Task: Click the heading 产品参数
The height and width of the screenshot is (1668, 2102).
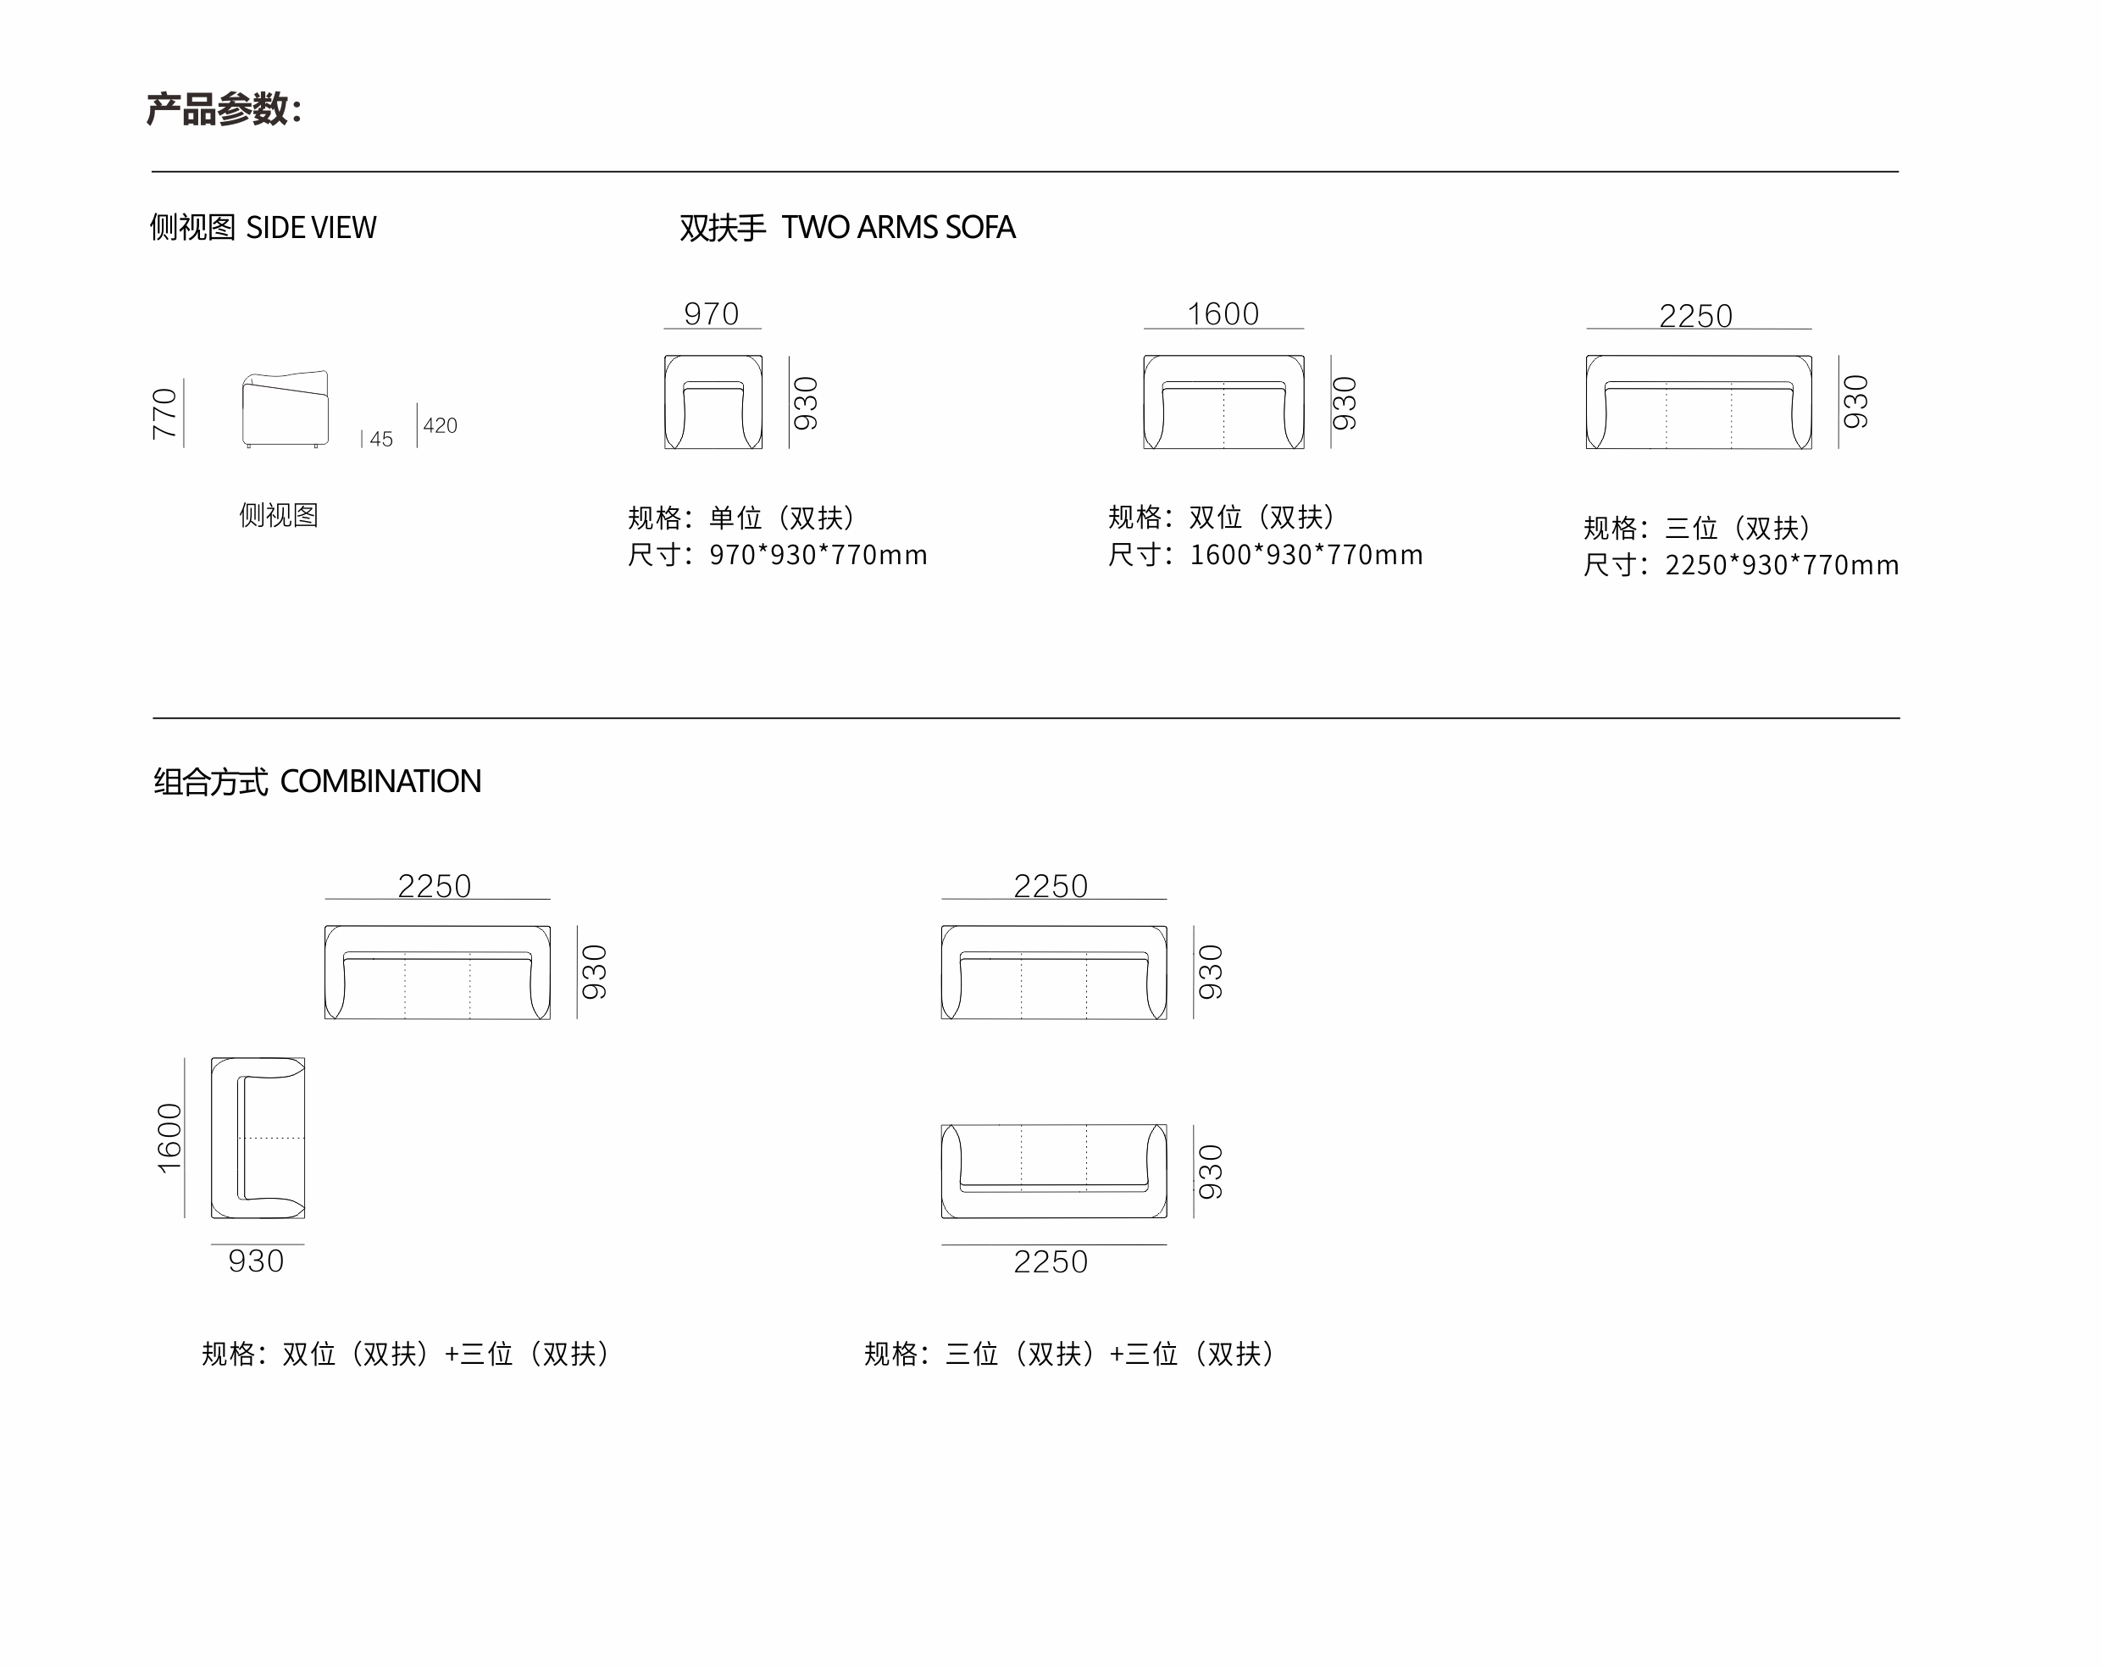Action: click(224, 109)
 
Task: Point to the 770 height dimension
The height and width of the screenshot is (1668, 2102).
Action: click(164, 413)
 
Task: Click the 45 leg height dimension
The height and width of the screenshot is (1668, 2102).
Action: click(381, 439)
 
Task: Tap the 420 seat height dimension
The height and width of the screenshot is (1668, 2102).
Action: click(440, 425)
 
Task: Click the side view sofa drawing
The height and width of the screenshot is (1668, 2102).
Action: click(285, 408)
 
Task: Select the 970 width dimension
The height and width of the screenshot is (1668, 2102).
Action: click(712, 314)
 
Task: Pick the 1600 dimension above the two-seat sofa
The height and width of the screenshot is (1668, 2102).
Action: click(1223, 314)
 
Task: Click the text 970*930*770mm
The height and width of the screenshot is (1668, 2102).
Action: click(818, 555)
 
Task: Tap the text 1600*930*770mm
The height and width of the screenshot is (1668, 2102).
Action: click(1306, 555)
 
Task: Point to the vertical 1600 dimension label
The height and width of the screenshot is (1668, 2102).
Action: click(169, 1138)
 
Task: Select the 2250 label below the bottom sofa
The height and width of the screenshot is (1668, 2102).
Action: click(1051, 1262)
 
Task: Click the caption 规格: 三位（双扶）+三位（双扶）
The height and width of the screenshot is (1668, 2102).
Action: click(1069, 1353)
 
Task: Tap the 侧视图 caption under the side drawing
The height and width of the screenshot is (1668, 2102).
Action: click(279, 515)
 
